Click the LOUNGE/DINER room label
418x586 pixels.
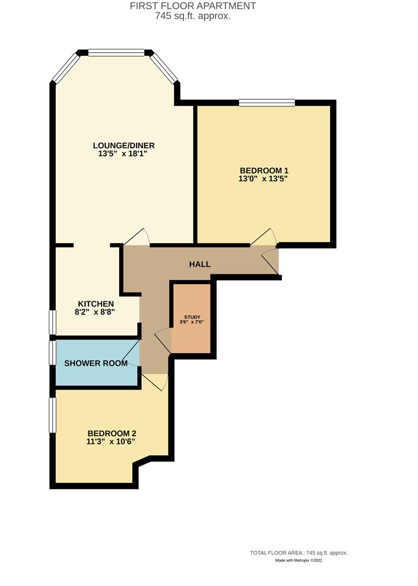point(124,145)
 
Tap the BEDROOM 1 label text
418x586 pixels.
point(263,169)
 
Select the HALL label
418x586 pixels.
point(200,264)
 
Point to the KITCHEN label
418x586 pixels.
point(96,303)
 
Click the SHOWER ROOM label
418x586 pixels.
point(96,363)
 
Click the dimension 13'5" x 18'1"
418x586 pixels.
point(120,154)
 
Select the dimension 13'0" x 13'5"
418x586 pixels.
point(263,178)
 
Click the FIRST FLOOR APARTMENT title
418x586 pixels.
point(193,6)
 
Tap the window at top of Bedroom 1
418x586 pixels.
point(267,102)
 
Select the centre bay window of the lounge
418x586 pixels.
point(117,53)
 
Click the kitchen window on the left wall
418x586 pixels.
point(53,322)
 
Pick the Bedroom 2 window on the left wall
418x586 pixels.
point(53,415)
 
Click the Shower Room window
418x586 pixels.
point(53,353)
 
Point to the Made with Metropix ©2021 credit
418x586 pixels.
point(299,560)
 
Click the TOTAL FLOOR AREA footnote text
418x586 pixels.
point(299,552)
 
